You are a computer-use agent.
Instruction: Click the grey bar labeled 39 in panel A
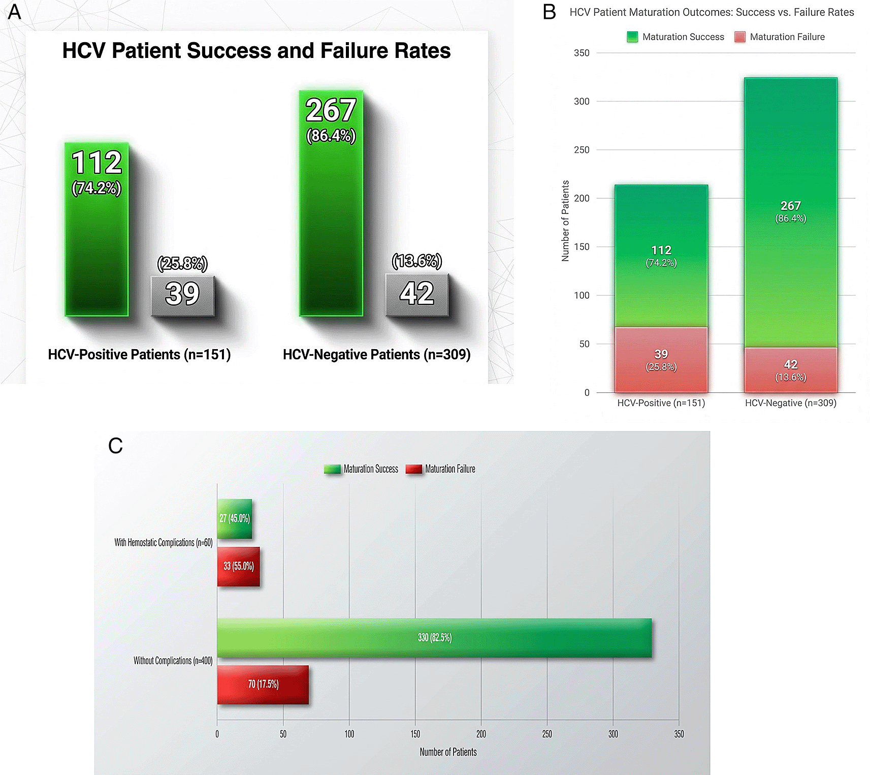pos(183,295)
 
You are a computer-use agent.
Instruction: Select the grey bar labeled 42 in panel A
pos(417,294)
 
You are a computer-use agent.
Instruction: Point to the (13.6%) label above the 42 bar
pos(417,261)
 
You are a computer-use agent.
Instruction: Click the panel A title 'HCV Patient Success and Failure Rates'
pos(256,51)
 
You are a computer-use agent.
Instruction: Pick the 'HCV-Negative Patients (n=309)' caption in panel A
pos(376,354)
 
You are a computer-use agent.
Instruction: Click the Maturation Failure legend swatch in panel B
pos(739,37)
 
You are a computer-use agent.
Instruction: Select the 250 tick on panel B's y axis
pos(582,150)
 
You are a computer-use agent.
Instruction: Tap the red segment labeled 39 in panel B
pos(661,359)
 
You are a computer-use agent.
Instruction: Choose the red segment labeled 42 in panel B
pos(790,369)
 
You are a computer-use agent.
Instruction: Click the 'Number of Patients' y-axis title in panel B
pos(565,221)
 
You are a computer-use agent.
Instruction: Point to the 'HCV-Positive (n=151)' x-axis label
pos(661,403)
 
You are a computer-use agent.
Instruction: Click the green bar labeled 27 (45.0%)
pos(235,519)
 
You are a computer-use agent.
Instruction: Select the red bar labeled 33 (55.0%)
pos(239,567)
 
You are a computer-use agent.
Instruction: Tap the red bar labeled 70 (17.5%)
pos(263,685)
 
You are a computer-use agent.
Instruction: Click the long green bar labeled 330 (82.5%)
pos(434,638)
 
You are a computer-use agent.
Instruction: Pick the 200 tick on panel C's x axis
pos(481,734)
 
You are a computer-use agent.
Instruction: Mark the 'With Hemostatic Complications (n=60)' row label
pos(164,543)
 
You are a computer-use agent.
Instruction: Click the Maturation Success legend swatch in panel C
pos(332,469)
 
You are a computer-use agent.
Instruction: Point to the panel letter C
pos(116,446)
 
